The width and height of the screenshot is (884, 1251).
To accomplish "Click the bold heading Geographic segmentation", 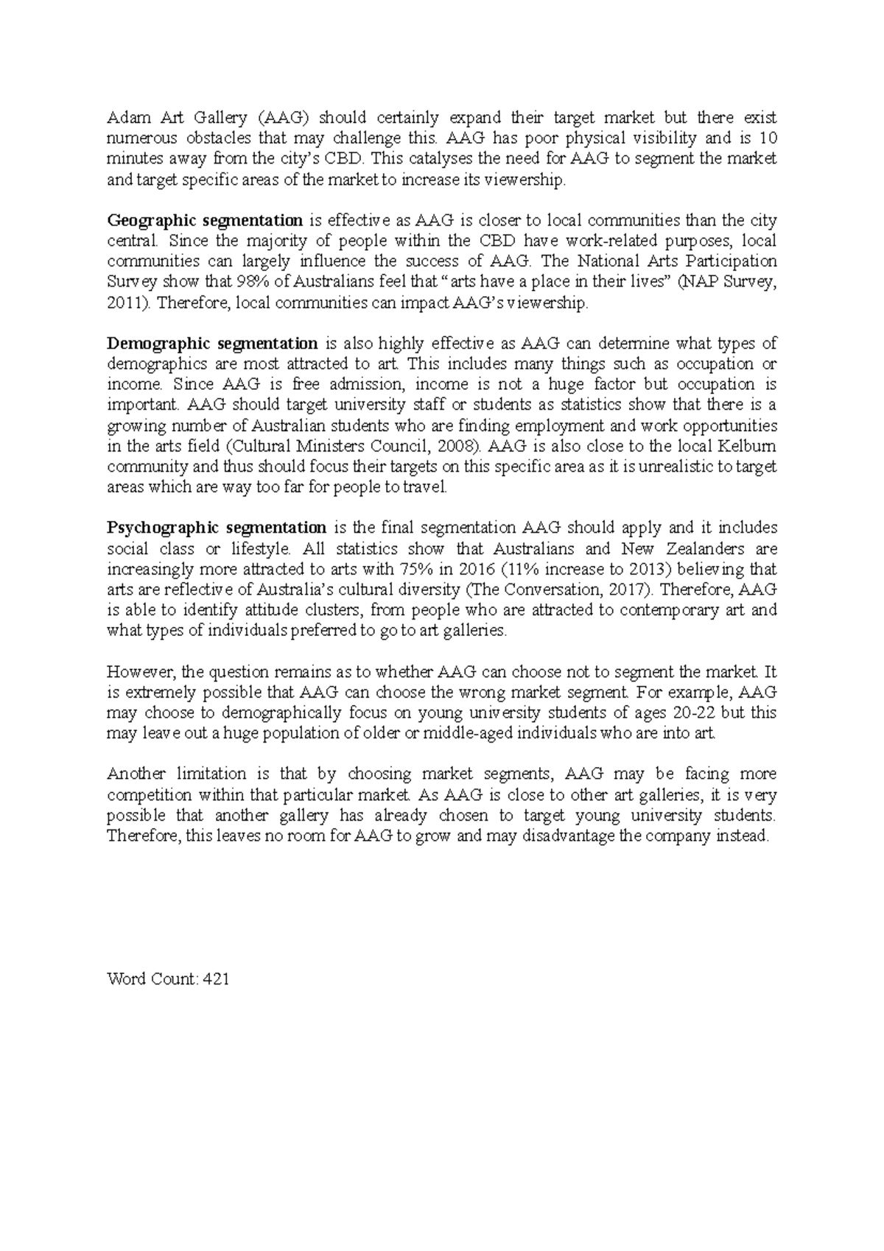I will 205,220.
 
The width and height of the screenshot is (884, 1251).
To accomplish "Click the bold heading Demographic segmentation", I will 212,343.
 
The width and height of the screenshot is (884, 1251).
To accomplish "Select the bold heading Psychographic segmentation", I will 217,528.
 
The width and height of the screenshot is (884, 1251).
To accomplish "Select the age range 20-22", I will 694,712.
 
